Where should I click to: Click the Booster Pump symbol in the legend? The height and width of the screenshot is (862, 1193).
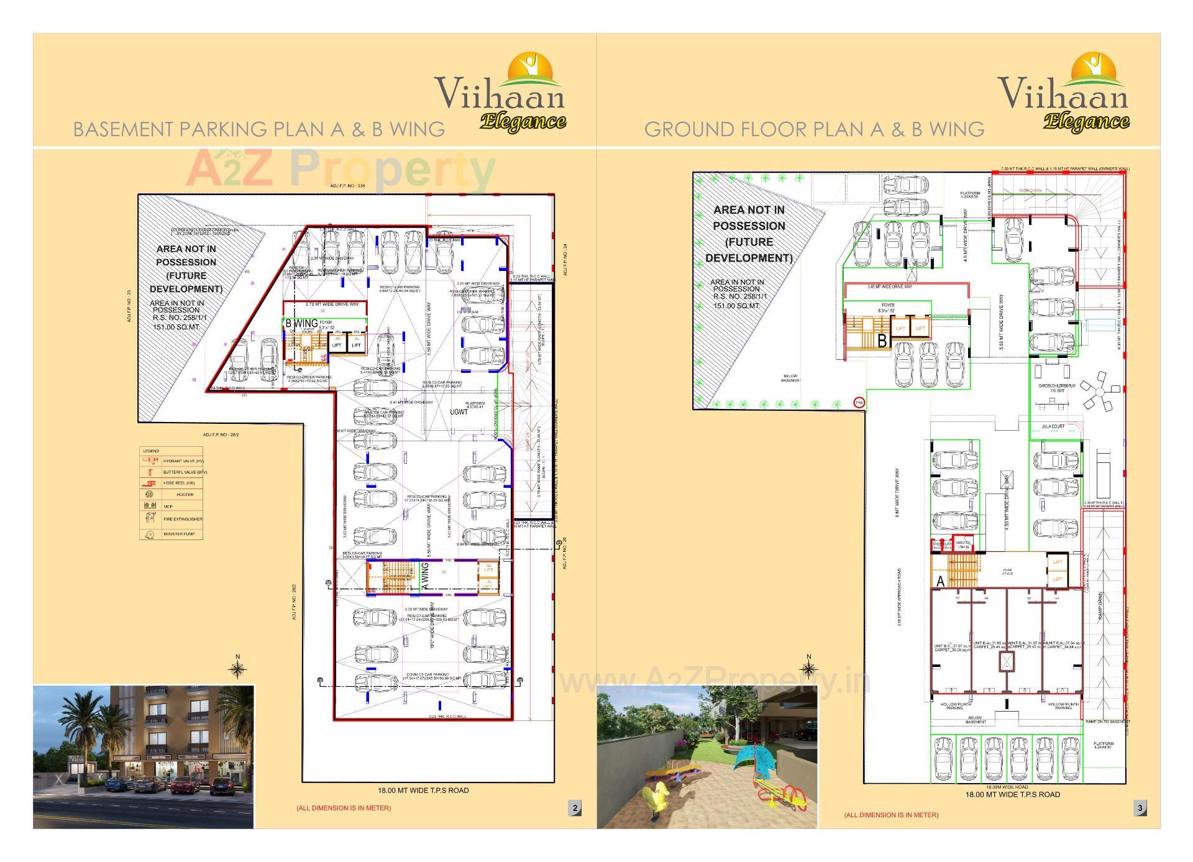coord(150,534)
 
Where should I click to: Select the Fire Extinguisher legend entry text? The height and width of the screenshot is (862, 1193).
coord(183,519)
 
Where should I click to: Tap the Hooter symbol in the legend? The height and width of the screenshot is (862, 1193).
coord(149,495)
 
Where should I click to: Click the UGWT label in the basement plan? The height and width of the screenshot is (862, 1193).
coord(459,411)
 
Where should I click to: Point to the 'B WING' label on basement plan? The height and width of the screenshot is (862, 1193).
coord(301,323)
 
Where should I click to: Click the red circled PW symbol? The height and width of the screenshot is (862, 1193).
coord(859,402)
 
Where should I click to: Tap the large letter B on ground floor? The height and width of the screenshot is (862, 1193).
coord(882,341)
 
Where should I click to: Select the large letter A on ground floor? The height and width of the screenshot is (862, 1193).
coord(940,582)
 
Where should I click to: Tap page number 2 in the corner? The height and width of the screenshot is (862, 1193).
coord(575,808)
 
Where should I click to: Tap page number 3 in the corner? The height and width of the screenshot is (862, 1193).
coord(1140,808)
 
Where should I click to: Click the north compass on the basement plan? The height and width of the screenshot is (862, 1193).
coord(237,669)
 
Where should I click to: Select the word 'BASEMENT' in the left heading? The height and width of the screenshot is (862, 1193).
coord(124,129)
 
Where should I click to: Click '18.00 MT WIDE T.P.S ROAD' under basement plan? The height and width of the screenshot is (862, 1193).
coord(423,791)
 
